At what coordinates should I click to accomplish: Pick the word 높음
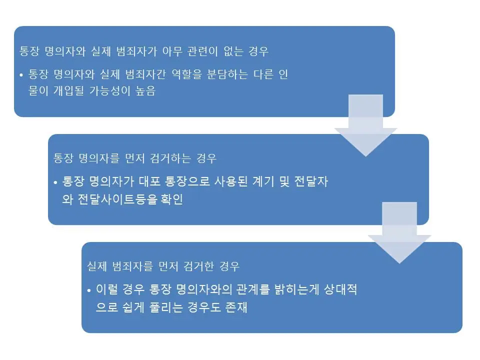pos(144,91)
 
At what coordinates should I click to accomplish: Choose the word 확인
pos(171,199)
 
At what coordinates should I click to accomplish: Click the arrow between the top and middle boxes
pos(365,125)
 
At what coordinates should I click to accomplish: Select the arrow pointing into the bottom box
pos(399,232)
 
